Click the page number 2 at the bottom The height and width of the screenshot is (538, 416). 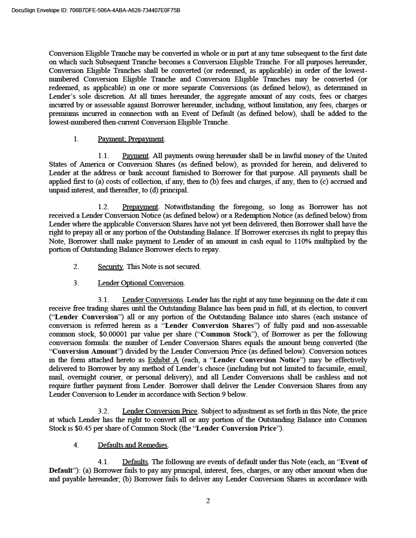(208, 500)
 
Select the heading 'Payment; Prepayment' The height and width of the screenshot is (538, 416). (131, 139)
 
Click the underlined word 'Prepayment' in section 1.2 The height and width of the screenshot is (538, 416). (140, 207)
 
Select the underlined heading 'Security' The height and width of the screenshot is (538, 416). (110, 266)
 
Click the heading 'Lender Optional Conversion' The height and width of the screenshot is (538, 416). (141, 283)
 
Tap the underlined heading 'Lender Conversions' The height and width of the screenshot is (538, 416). (153, 300)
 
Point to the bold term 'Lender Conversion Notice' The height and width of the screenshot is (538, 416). (251, 360)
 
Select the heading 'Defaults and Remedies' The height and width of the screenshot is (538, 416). (133, 445)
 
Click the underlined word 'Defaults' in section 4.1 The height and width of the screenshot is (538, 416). (135, 462)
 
